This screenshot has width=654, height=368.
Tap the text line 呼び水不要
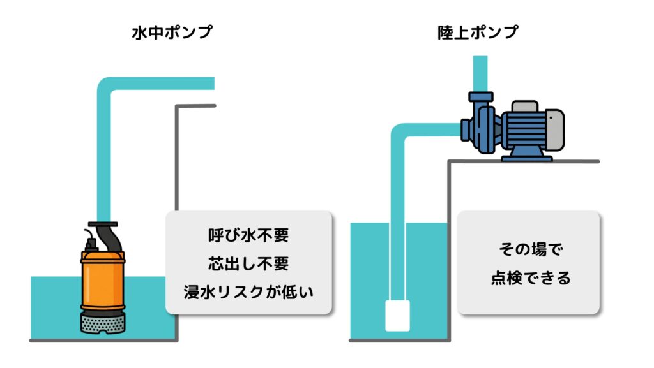coord(248,235)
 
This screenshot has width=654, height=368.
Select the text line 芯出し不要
coord(248,263)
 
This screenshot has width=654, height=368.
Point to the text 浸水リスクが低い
coord(248,291)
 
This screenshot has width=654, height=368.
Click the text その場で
coord(529,249)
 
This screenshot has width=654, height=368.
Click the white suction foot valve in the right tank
coord(397,316)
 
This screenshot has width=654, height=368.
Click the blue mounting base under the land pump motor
coord(526,155)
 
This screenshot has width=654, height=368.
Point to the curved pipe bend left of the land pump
coord(399,134)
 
